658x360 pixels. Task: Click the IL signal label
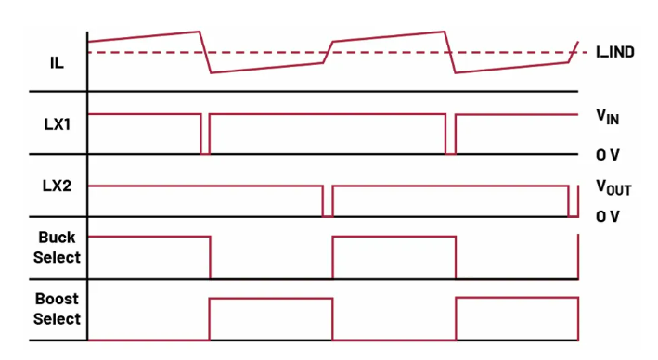(57, 63)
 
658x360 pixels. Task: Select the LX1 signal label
(57, 124)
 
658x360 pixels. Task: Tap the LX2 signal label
(57, 186)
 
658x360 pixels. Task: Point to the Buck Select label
(57, 247)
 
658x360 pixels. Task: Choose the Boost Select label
(57, 309)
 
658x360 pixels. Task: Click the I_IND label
(614, 53)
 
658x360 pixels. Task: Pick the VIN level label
(607, 116)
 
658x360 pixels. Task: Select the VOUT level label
(613, 187)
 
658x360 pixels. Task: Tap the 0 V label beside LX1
(607, 155)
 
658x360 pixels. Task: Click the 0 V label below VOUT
(607, 216)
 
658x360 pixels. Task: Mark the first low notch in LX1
(205, 154)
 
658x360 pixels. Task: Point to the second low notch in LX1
(450, 154)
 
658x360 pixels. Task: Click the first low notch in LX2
(328, 215)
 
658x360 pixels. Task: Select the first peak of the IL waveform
(200, 32)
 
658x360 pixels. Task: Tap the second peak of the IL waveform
(445, 32)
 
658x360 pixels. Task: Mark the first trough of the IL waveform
(211, 72)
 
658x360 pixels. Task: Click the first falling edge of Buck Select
(211, 257)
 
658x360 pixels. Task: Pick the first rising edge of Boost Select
(210, 319)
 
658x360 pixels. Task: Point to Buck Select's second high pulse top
(394, 237)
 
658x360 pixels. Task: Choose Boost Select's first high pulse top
(271, 299)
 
